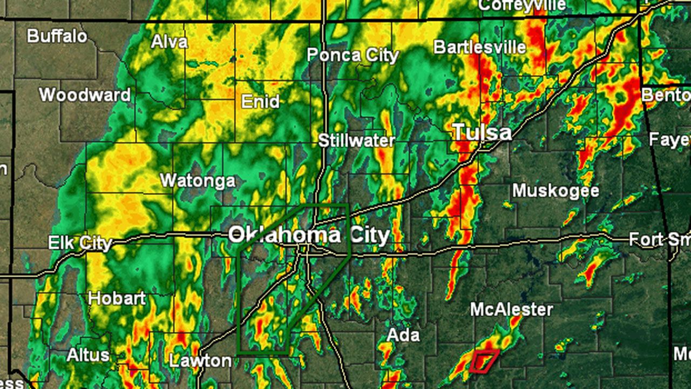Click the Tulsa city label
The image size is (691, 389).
pyautogui.click(x=482, y=132)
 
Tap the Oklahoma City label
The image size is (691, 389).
pyautogui.click(x=308, y=235)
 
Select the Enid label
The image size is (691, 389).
pyautogui.click(x=260, y=101)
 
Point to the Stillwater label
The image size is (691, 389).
pyautogui.click(x=356, y=140)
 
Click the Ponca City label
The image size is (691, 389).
pyautogui.click(x=353, y=55)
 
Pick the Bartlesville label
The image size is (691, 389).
pyautogui.click(x=479, y=47)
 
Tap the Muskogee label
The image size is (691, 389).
pyautogui.click(x=555, y=190)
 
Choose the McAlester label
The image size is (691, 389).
pyautogui.click(x=511, y=309)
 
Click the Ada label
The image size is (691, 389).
pyautogui.click(x=403, y=335)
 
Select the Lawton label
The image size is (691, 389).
pyautogui.click(x=200, y=360)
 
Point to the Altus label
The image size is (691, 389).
pyautogui.click(x=88, y=355)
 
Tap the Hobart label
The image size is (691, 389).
pyautogui.click(x=117, y=298)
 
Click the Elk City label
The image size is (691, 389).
pyautogui.click(x=80, y=243)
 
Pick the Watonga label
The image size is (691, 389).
pyautogui.click(x=198, y=180)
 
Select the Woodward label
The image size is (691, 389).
pyautogui.click(x=85, y=95)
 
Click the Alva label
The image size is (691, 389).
pyautogui.click(x=170, y=42)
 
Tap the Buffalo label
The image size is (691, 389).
pyautogui.click(x=57, y=36)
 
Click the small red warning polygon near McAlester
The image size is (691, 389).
pyautogui.click(x=483, y=361)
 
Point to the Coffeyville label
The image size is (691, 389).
pyautogui.click(x=521, y=5)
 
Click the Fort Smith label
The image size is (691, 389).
pyautogui.click(x=659, y=239)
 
